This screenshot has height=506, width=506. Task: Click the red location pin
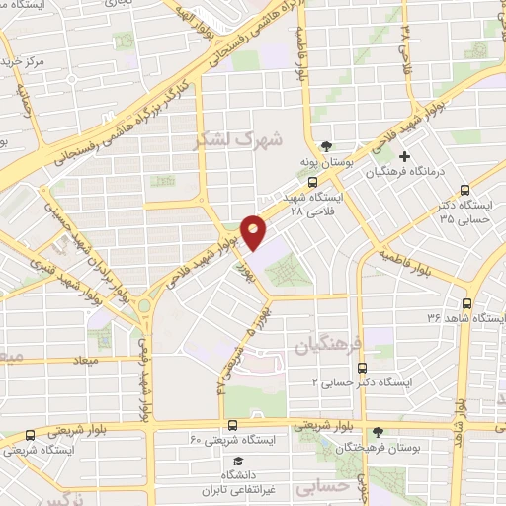pyautogui.click(x=254, y=231)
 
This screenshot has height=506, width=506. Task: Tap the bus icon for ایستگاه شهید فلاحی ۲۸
pyautogui.click(x=312, y=182)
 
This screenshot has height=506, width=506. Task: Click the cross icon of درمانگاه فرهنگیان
pyautogui.click(x=404, y=155)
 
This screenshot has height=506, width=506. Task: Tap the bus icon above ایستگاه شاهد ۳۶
pyautogui.click(x=466, y=303)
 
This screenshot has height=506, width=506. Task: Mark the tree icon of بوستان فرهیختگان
pyautogui.click(x=378, y=432)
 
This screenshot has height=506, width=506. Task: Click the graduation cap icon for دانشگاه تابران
pyautogui.click(x=236, y=461)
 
